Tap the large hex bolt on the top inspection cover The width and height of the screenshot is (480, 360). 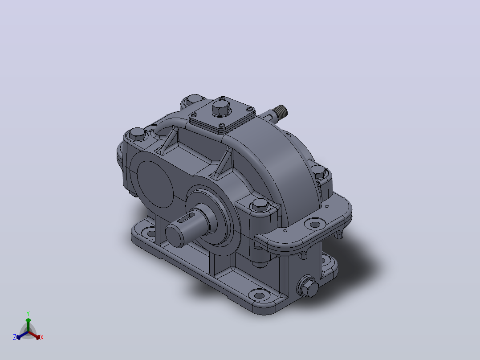pyautogui.click(x=221, y=107)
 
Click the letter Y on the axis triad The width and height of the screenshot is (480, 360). pyautogui.click(x=28, y=313)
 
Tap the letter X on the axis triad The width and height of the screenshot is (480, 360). pyautogui.click(x=42, y=337)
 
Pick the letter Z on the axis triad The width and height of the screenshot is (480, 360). pyautogui.click(x=15, y=337)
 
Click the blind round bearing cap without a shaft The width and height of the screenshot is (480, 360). pyautogui.click(x=155, y=184)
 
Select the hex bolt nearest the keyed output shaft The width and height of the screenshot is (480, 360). pyautogui.click(x=260, y=205)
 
